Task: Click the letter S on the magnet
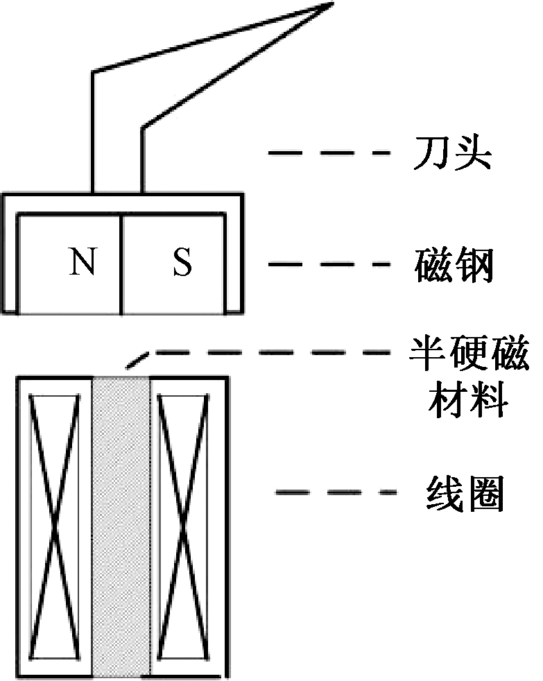pos(182,264)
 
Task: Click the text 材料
pos(467,400)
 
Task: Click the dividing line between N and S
pos(122,264)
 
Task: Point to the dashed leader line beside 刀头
pos(326,153)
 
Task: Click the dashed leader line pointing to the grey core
pos(277,353)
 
